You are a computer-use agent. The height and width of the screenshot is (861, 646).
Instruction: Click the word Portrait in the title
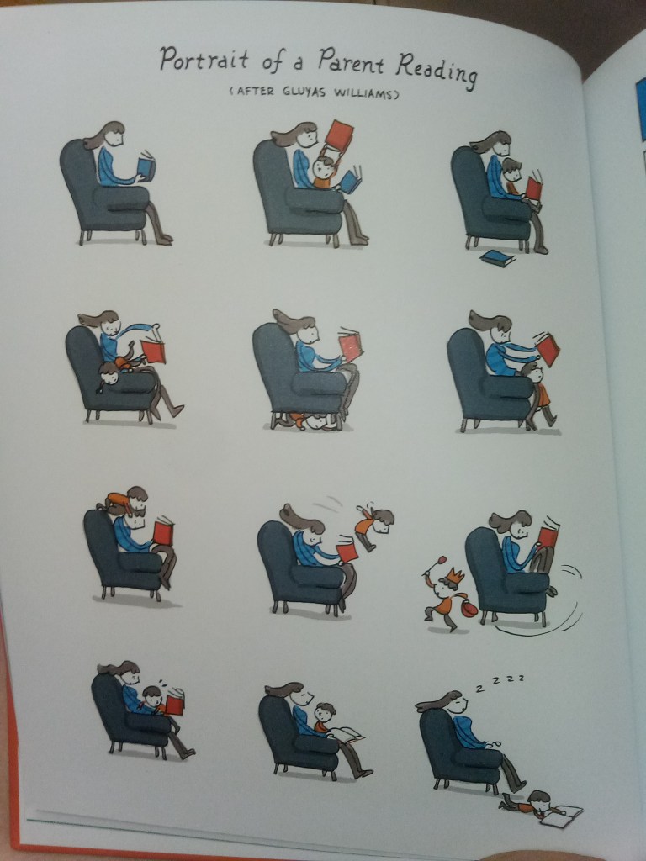click(204, 59)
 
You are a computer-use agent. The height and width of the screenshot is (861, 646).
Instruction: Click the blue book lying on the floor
click(498, 258)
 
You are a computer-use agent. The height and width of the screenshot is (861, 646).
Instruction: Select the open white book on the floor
click(562, 816)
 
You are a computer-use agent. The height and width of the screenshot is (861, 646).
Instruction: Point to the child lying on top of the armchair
click(123, 499)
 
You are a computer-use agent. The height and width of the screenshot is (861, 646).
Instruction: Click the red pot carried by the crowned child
click(469, 608)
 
